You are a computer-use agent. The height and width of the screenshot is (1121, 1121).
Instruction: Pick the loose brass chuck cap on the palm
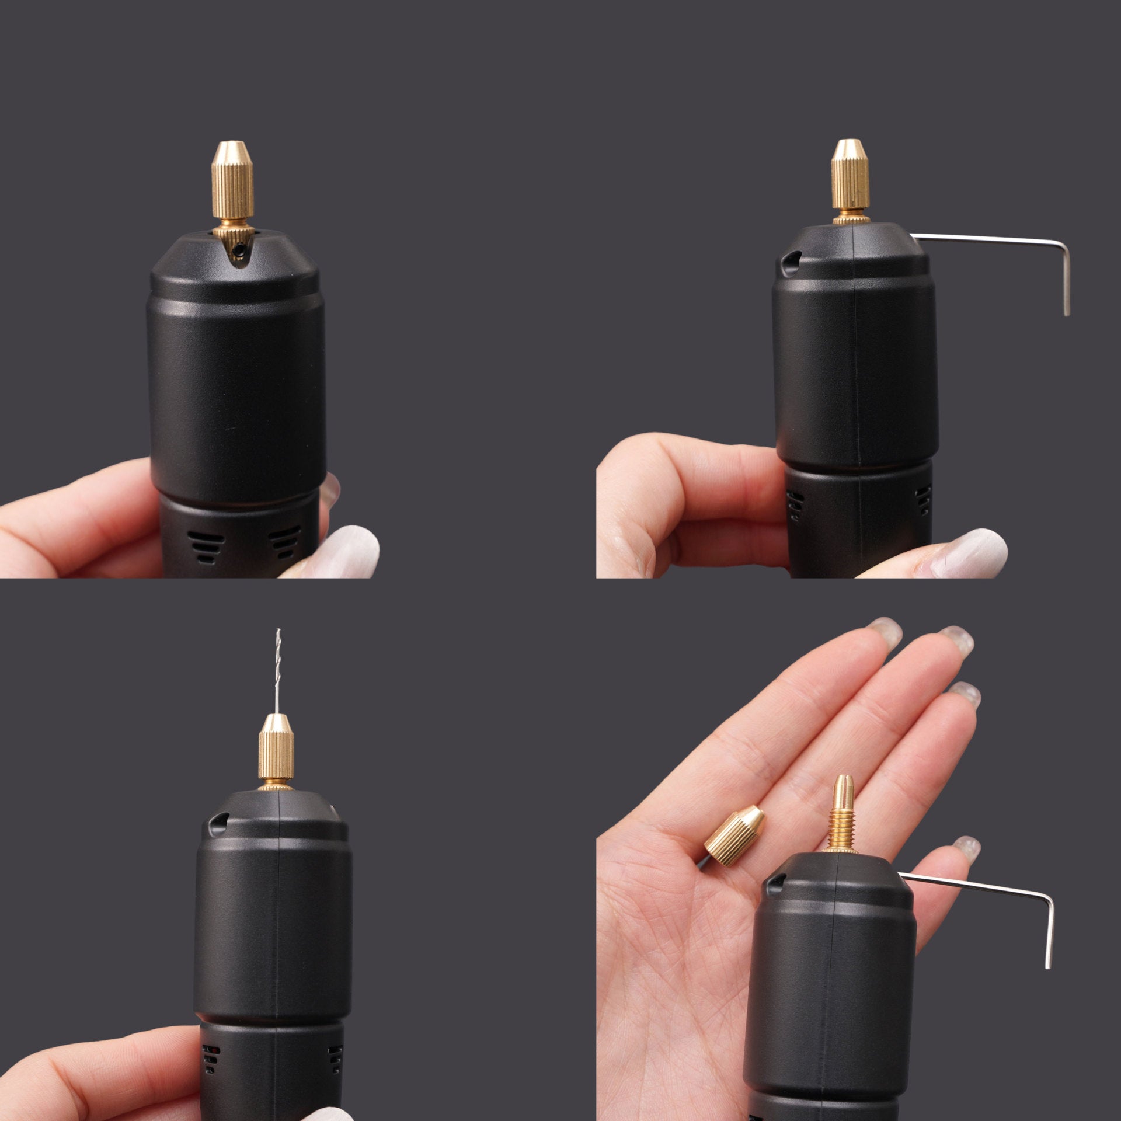(x=734, y=829)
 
